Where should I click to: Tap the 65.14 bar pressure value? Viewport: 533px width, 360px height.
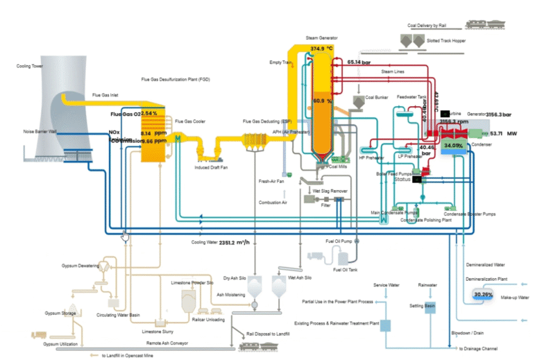pyautogui.click(x=359, y=62)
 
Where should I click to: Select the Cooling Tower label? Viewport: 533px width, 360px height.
pyautogui.click(x=30, y=67)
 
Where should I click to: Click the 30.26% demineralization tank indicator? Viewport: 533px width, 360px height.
pyautogui.click(x=483, y=295)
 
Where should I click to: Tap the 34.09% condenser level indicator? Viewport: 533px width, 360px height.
pyautogui.click(x=453, y=146)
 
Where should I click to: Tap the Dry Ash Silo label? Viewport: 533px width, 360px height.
pyautogui.click(x=235, y=277)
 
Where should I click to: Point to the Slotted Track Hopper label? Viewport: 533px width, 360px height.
pyautogui.click(x=450, y=41)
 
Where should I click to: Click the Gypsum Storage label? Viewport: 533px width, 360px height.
pyautogui.click(x=58, y=313)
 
